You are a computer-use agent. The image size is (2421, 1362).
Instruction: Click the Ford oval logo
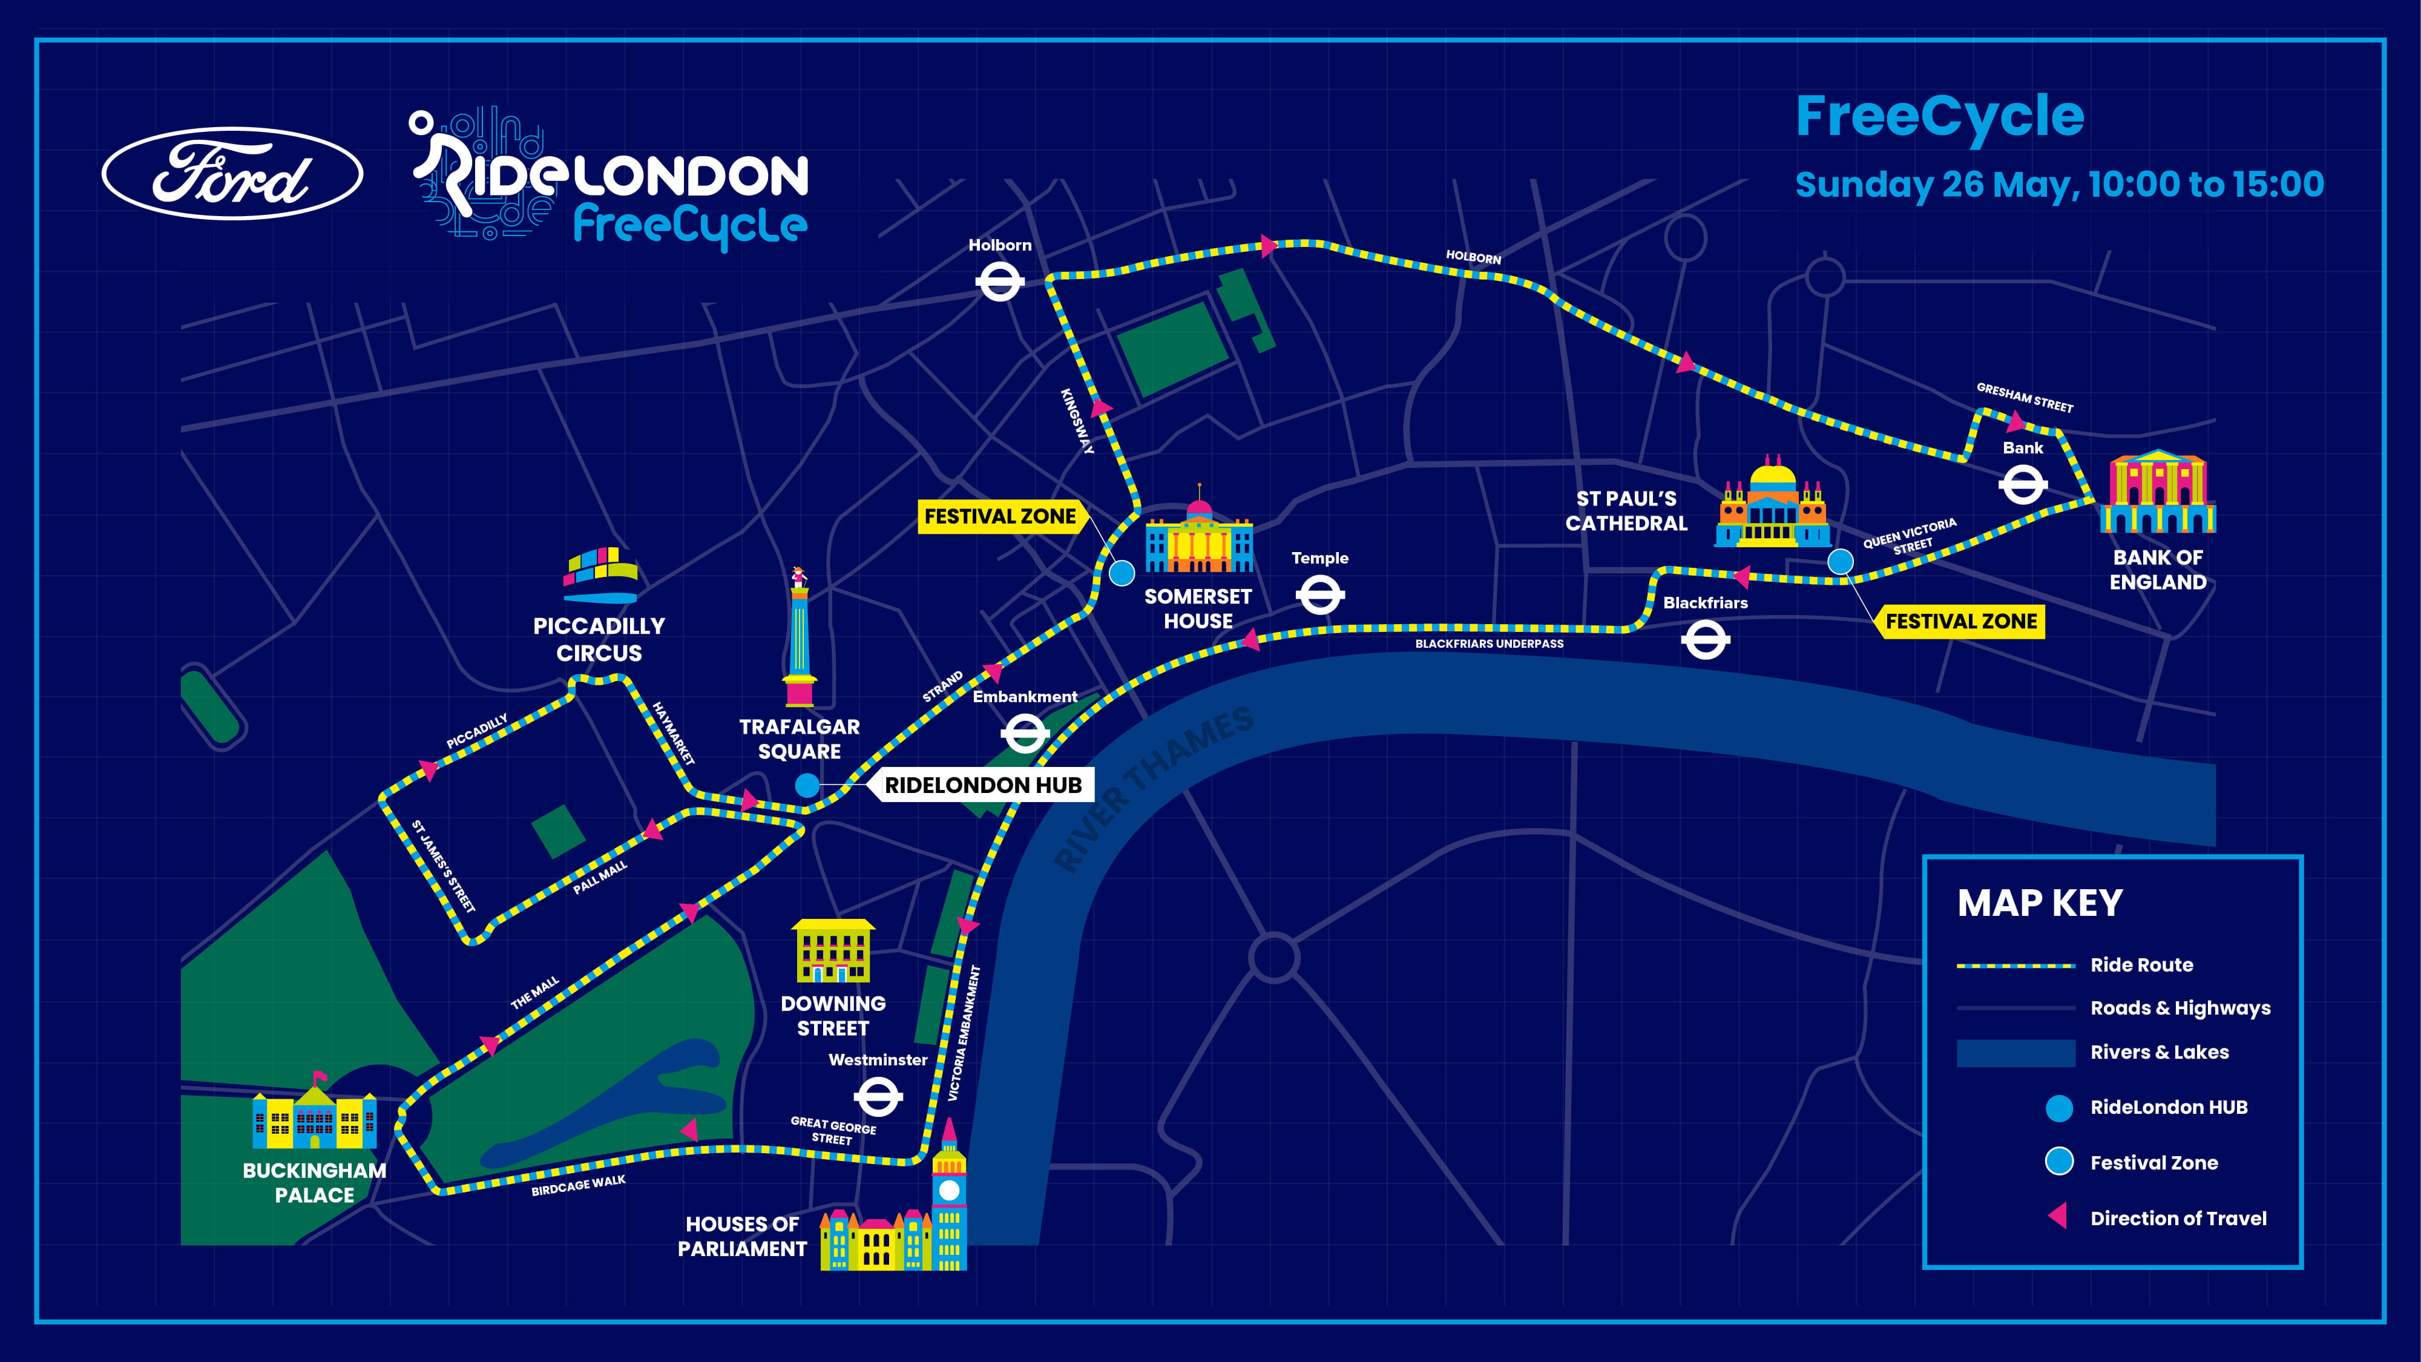(232, 174)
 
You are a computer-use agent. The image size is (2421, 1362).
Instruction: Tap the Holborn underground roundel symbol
(999, 281)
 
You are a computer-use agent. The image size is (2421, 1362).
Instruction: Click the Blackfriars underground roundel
(1705, 641)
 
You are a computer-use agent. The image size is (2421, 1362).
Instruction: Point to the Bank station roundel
(2023, 486)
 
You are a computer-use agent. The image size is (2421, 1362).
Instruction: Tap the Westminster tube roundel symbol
(878, 1097)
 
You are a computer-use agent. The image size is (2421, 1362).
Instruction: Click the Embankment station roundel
(1025, 733)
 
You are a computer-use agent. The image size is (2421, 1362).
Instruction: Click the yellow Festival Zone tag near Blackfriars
(1962, 621)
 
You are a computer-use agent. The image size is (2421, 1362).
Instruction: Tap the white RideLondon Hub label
(983, 785)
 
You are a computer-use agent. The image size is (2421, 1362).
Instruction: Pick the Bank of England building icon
(2158, 493)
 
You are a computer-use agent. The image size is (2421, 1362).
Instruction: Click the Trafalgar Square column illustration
(799, 639)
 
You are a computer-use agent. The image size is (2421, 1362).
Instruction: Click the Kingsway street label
(1077, 421)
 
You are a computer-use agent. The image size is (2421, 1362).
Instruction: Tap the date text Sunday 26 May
(1936, 184)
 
